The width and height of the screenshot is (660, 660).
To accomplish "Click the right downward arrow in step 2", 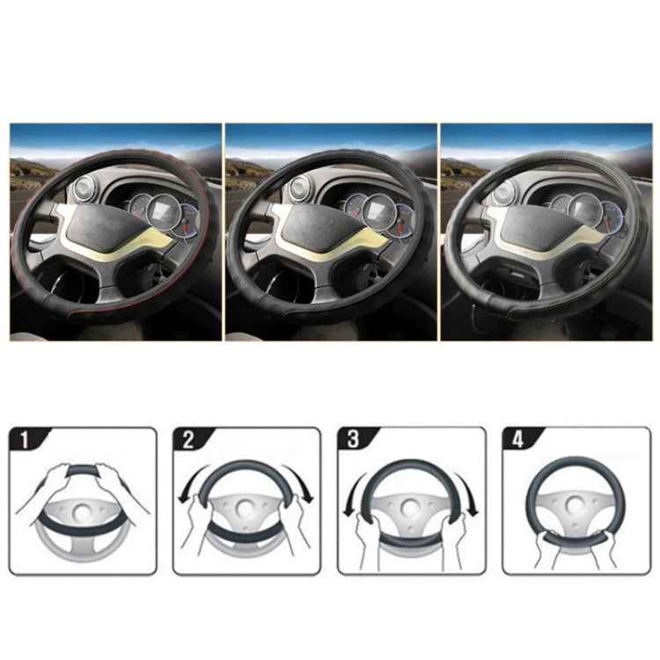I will pos(304,489).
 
